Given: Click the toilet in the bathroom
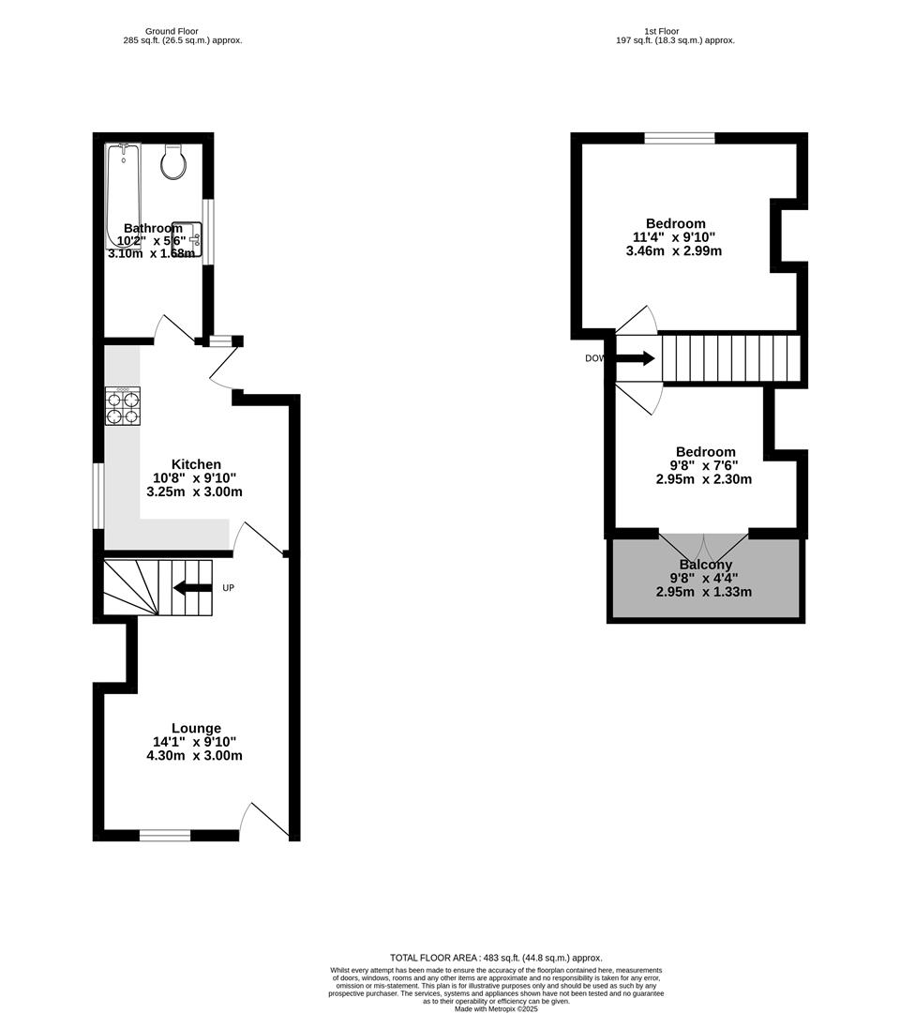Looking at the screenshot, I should tap(173, 162).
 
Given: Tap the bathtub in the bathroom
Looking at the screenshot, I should tap(122, 192).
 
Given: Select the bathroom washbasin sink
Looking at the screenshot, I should tap(187, 237).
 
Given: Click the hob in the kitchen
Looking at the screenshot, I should tap(122, 406).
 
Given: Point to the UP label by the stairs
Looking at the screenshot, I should tap(228, 588).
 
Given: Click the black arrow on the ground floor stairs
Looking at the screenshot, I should tap(192, 588).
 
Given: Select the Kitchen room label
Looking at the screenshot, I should tap(196, 464).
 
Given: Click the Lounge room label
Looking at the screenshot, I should tap(196, 728).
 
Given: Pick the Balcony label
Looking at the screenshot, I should tap(706, 565).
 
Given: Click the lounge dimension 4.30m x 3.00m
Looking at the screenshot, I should tap(195, 755).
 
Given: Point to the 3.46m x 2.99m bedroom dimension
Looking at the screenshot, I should tap(674, 250).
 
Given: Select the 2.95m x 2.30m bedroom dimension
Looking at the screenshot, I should tap(704, 478).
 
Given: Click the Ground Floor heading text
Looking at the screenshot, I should tap(172, 31).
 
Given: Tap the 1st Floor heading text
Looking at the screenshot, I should tap(661, 31).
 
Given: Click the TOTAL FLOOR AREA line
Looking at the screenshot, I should tap(496, 957).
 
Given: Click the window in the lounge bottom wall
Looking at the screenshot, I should tap(165, 834).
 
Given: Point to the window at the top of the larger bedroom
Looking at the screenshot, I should tap(680, 138).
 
